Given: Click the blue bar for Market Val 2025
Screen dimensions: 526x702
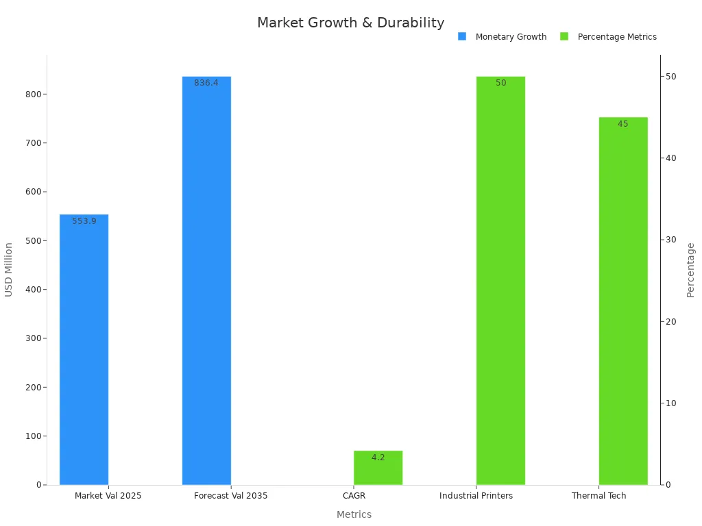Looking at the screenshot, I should (84, 349).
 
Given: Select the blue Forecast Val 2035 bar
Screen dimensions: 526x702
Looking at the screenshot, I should (206, 281).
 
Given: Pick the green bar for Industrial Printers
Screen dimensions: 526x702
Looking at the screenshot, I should (500, 281).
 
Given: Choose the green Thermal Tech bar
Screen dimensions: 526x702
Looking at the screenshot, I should (622, 301).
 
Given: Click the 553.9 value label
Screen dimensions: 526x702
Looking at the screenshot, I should (84, 221).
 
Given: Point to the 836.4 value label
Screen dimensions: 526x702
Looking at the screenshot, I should (206, 83).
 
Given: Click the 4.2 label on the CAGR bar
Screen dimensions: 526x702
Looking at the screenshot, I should (378, 458).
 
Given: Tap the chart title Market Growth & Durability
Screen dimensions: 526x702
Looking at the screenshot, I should (350, 23).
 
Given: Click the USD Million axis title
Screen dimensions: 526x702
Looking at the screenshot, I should (9, 269).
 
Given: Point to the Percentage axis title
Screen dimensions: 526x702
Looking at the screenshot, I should (690, 270).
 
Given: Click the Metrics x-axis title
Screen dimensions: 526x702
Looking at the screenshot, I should (354, 514).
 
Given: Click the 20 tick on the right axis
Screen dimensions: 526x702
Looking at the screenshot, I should (669, 322).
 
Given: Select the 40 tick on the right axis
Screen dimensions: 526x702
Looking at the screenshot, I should (669, 158).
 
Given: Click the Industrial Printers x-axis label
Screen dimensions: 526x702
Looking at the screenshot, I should (476, 496).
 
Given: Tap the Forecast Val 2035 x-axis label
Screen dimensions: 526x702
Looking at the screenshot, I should (231, 496).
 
